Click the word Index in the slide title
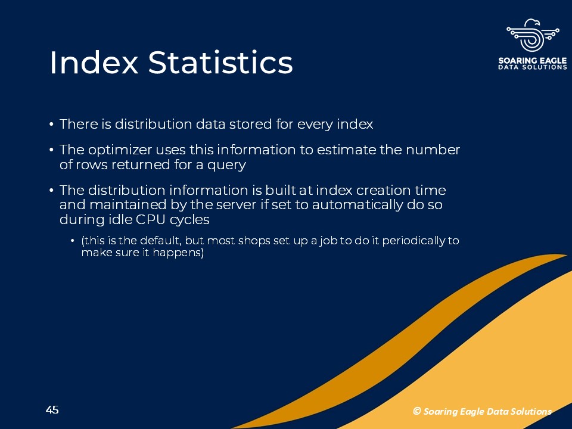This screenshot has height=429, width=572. [94, 63]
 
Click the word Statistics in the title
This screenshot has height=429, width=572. [220, 63]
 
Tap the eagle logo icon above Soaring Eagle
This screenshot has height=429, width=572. [533, 35]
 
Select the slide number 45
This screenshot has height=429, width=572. [52, 410]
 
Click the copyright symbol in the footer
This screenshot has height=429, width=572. [416, 411]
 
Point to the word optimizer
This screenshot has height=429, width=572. [120, 150]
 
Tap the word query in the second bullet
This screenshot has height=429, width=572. [226, 165]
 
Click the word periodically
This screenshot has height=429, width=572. [414, 241]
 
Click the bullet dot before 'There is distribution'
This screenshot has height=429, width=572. [51, 125]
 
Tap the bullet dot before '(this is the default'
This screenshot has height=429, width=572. [73, 241]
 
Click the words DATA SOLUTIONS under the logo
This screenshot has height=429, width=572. [533, 67]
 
